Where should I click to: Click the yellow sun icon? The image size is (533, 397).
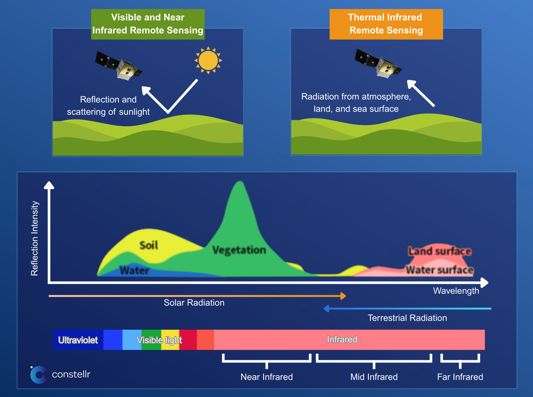[x=208, y=60]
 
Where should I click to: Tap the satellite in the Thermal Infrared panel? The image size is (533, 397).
[x=378, y=64]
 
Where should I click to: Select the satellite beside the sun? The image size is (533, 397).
[x=118, y=65]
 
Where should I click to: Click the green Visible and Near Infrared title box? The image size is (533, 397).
[x=148, y=24]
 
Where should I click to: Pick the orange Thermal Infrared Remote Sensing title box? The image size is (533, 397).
[x=386, y=24]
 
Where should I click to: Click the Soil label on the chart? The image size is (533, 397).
[x=149, y=245]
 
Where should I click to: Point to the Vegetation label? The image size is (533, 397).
[x=239, y=250]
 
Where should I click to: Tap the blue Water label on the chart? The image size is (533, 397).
[x=134, y=270]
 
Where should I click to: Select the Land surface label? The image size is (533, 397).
[x=440, y=251]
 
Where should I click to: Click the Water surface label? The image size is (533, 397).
[x=440, y=270]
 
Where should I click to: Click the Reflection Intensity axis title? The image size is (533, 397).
[x=35, y=238]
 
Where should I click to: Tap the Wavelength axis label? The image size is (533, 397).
[x=456, y=291]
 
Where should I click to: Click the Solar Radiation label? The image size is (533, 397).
[x=194, y=303]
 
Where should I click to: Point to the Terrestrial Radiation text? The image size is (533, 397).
[x=407, y=318]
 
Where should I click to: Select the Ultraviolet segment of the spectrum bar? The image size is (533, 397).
[x=78, y=340]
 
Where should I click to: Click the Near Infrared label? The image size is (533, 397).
[x=267, y=377]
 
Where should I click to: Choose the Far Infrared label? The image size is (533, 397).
[x=460, y=377]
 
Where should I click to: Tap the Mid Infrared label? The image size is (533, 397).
[x=374, y=377]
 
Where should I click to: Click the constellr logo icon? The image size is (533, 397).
[x=38, y=374]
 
